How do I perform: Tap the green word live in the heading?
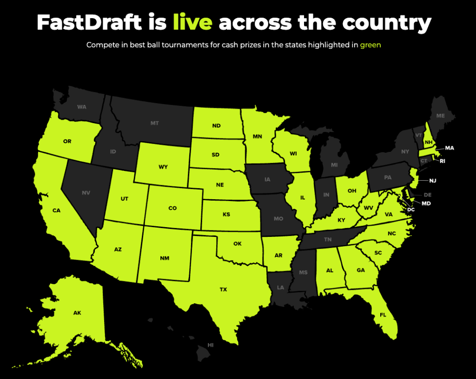(x=192, y=22)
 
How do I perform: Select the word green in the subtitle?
(x=370, y=45)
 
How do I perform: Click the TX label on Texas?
(x=223, y=289)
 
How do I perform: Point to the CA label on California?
(x=56, y=210)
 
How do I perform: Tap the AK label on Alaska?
(x=77, y=313)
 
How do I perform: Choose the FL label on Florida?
(x=383, y=314)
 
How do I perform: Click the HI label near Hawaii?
(x=211, y=345)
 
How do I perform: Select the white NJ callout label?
(x=433, y=180)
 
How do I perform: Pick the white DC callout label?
(x=410, y=209)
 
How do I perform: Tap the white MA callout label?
(x=449, y=148)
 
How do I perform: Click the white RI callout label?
(x=443, y=161)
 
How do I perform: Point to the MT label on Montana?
(x=155, y=123)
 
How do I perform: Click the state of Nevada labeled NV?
(x=86, y=192)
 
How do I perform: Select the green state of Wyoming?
(x=163, y=166)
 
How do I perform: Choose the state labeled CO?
(x=172, y=208)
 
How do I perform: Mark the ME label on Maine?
(x=441, y=116)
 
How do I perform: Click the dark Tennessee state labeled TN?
(x=328, y=239)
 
